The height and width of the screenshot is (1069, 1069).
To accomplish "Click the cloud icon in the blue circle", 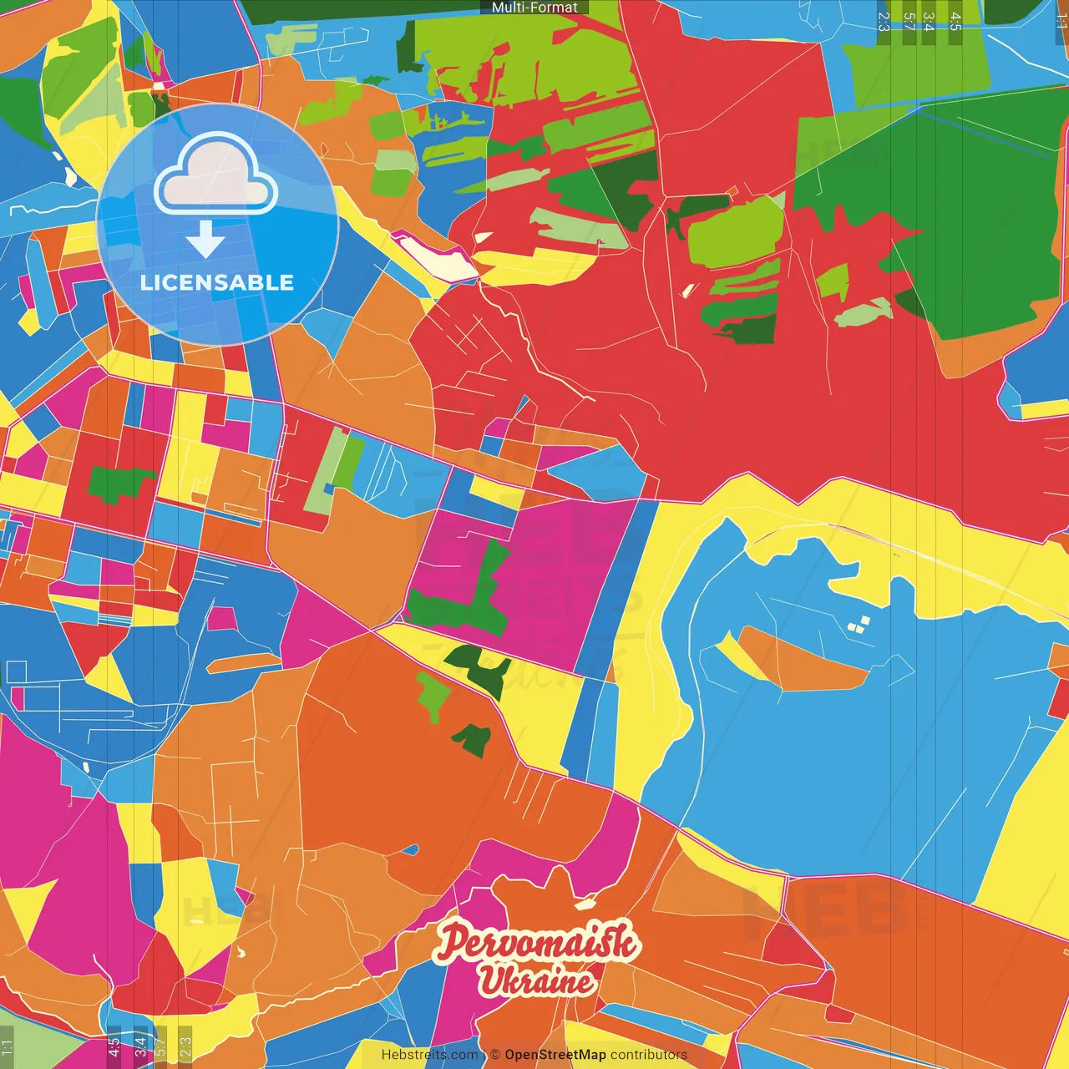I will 216,175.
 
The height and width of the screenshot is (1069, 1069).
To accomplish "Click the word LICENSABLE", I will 217,282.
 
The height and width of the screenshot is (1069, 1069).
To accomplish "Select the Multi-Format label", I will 534,8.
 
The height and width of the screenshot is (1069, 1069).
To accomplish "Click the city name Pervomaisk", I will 537,941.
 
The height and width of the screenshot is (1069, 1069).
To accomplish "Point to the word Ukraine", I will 537,980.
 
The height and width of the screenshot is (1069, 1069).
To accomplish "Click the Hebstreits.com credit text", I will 429,1055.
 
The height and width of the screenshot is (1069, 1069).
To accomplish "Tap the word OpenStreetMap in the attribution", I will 555,1055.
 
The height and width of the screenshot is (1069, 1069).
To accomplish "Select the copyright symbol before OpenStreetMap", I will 495,1055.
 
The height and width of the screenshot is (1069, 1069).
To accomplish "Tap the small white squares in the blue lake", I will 858,623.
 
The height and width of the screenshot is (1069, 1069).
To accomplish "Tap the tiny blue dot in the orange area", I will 411,850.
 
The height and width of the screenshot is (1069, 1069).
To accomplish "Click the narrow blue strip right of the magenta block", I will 614,585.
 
